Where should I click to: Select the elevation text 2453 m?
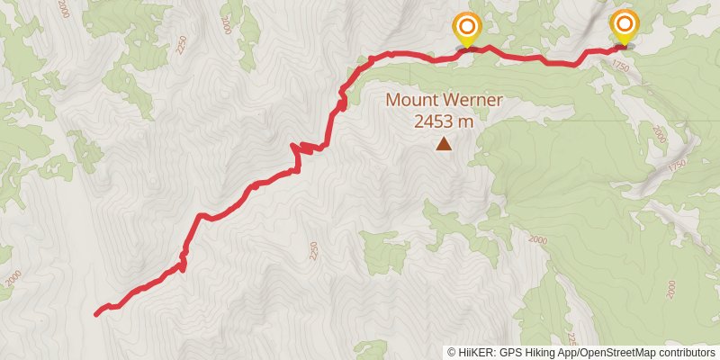point(444,121)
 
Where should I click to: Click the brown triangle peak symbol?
point(444,144)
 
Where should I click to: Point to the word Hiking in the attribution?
point(542,353)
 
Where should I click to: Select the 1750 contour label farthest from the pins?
point(678,166)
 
